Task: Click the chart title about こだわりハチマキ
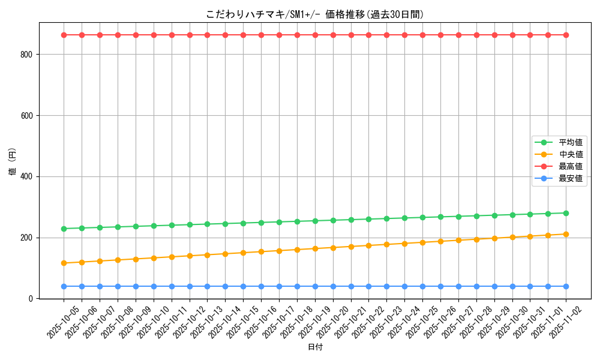click(315, 14)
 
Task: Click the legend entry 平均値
click(571, 142)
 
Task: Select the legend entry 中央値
click(571, 154)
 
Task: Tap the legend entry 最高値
click(571, 166)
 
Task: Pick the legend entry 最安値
click(571, 178)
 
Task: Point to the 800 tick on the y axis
click(30, 55)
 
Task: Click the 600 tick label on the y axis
click(30, 116)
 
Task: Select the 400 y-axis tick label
click(30, 177)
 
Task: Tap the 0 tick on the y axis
click(34, 299)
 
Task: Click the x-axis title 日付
click(315, 347)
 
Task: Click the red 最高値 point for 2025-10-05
click(64, 35)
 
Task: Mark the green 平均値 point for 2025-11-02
click(566, 213)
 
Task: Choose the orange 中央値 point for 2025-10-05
click(64, 263)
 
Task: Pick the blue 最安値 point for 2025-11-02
click(566, 286)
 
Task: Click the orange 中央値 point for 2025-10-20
click(333, 247)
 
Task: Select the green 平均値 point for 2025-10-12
click(190, 224)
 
